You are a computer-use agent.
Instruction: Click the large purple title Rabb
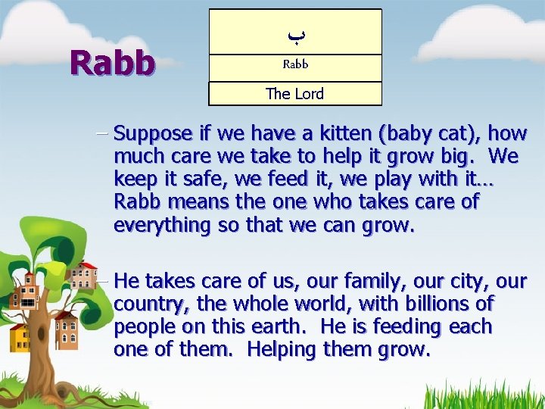(112, 63)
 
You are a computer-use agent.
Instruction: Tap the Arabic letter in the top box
(295, 34)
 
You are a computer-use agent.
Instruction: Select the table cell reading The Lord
(294, 94)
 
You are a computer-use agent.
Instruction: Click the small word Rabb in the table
(295, 64)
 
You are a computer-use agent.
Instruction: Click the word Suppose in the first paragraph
(153, 134)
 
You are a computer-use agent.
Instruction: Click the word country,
(148, 304)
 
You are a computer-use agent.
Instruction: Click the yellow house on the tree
(20, 338)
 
